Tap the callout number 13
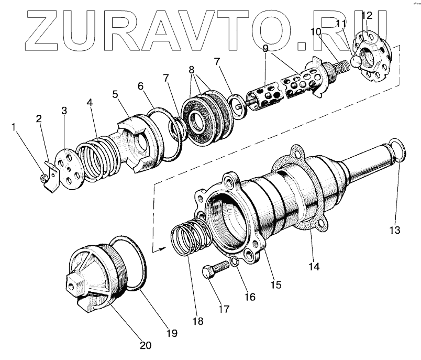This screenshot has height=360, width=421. pos(394,230)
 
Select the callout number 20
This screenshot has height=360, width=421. pos(146,345)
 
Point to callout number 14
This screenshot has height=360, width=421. pos(313,266)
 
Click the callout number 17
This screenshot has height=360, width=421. pos(224,309)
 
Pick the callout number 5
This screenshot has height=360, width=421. pos(115,95)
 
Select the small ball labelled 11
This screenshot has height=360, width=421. pos(357,61)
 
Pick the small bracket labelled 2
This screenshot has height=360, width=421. pos(50,175)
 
